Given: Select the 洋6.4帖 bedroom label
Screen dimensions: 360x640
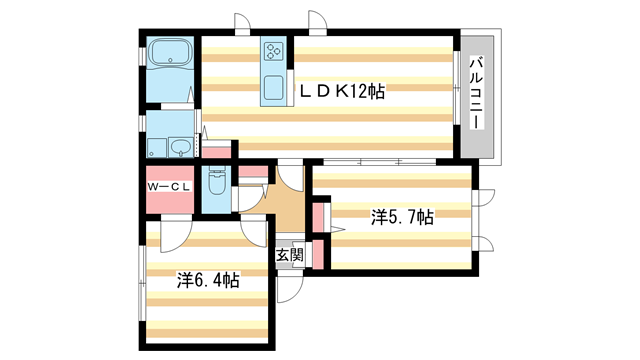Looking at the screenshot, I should [x=208, y=281].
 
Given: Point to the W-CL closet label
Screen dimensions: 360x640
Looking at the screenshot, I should [x=168, y=187].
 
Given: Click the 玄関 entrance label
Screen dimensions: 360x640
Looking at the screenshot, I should [x=289, y=255].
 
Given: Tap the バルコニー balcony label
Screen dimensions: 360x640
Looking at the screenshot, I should [x=477, y=92].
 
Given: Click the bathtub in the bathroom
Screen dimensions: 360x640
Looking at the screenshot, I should [x=168, y=55].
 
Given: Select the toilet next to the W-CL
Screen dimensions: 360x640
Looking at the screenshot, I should [x=216, y=185].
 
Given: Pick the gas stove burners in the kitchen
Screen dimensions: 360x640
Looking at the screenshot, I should [x=274, y=49].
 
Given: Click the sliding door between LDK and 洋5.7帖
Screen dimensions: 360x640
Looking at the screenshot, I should [x=379, y=161].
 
